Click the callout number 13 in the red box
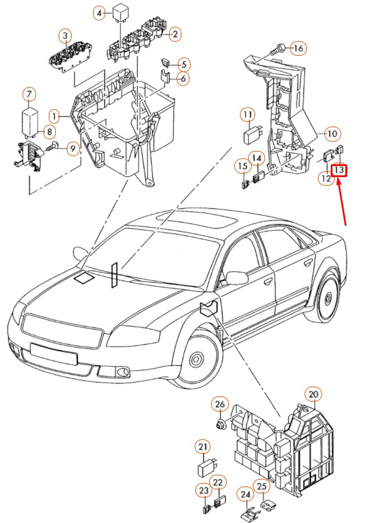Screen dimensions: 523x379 coord(338,171)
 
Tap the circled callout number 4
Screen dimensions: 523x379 coord(100,13)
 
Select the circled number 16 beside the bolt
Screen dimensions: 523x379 coord(297,48)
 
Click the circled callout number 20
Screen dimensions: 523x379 coord(313,395)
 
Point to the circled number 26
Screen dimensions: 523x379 coord(220,404)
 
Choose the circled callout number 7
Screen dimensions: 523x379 coord(29,94)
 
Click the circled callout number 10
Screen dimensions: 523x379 coord(331,134)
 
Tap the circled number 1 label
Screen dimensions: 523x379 coord(53,116)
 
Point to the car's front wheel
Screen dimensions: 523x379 coord(196,359)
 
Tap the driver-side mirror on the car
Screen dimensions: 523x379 coord(236,277)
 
